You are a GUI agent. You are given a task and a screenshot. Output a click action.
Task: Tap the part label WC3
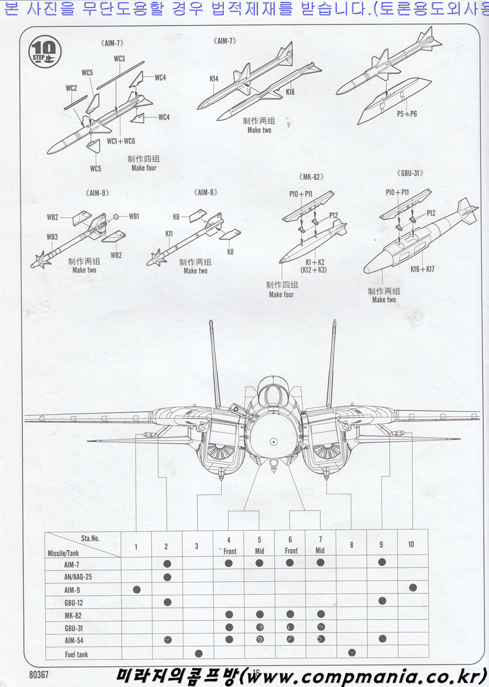point(119,59)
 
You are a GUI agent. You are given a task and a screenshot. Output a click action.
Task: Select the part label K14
point(213,78)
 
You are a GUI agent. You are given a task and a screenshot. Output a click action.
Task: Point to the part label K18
point(290,92)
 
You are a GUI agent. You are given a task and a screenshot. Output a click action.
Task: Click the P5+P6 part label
point(406,114)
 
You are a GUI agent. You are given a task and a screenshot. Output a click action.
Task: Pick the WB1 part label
point(134,216)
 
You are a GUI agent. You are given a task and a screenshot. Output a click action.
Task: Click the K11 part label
point(169,233)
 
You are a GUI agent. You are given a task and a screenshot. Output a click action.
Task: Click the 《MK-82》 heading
point(312,177)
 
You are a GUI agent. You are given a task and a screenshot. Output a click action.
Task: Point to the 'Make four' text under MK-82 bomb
point(281,295)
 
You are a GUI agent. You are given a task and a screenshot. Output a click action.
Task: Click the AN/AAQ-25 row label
point(78,577)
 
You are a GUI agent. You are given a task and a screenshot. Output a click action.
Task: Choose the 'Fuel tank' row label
point(76,654)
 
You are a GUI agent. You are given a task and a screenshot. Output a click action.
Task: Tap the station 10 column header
point(411,544)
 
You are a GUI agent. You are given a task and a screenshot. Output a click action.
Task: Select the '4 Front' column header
point(228,545)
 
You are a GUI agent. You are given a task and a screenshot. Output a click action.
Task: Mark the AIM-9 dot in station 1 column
point(136,589)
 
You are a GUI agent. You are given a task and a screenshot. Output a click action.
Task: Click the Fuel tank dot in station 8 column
point(351,652)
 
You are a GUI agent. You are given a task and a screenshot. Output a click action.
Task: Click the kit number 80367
point(38,674)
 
